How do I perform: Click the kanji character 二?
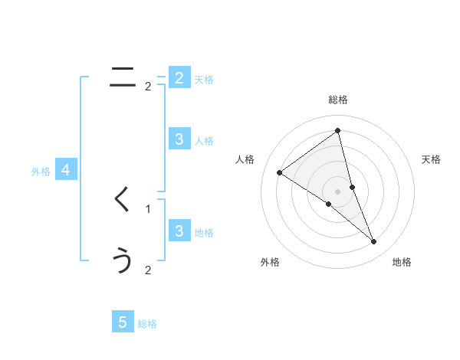tap(123, 77)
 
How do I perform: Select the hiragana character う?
tap(123, 260)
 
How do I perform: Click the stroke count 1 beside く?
tap(148, 208)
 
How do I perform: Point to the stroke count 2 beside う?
tap(148, 270)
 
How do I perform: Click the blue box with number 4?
tap(66, 170)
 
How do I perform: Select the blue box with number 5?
tap(123, 322)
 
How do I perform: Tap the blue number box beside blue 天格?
tap(179, 77)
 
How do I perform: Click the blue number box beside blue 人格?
tap(179, 139)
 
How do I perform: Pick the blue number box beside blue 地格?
tap(179, 231)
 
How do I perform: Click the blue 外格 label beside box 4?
tap(41, 172)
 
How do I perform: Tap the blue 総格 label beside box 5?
tap(147, 324)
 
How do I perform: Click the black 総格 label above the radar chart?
tap(337, 100)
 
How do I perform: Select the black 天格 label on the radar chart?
tap(432, 159)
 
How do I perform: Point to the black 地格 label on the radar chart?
tap(402, 262)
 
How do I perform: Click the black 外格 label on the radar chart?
tap(270, 262)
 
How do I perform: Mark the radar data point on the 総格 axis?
tap(337, 129)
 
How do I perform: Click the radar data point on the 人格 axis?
tap(279, 172)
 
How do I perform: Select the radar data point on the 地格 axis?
tap(373, 242)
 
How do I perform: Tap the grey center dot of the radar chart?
tap(337, 191)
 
